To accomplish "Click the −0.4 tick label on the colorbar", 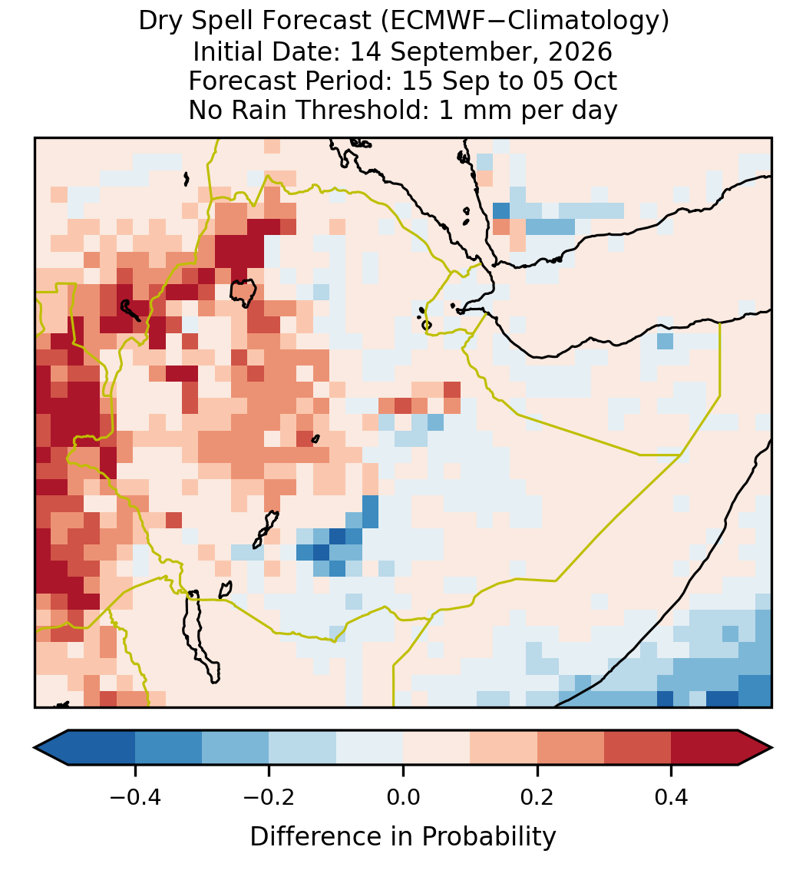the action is (x=135, y=797).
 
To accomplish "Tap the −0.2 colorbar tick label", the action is (x=269, y=797).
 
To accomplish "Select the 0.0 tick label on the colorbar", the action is (x=403, y=797).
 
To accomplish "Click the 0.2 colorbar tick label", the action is (x=537, y=797).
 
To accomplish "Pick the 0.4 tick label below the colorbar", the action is (x=672, y=797).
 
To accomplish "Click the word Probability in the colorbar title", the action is (x=488, y=837).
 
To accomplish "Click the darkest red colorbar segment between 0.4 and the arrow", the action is (x=705, y=748).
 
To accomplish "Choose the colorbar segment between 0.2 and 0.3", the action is (x=571, y=748).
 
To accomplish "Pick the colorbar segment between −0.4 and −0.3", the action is (x=168, y=748).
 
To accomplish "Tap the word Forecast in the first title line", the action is (x=318, y=22).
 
